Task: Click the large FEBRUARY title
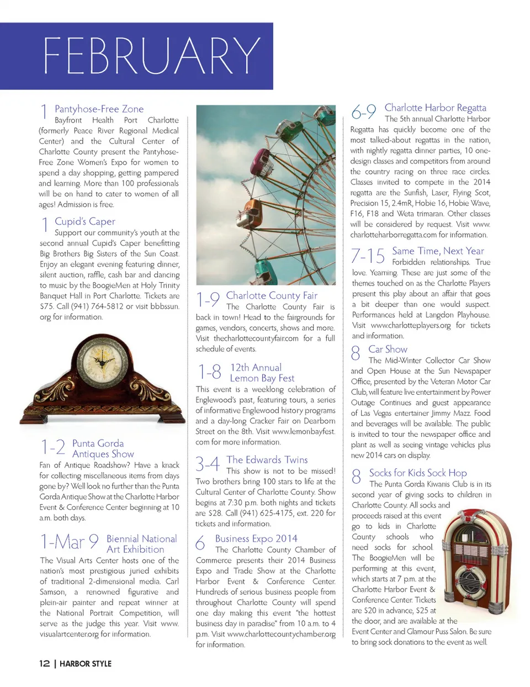(151, 56)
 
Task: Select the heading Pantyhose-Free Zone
(99, 109)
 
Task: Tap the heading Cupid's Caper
(85, 221)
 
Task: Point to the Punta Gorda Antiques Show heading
(103, 448)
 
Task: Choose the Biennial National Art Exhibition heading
(141, 544)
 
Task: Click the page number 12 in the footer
(45, 663)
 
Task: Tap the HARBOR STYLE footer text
(86, 663)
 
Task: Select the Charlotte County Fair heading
(272, 295)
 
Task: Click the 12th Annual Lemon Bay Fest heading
(262, 373)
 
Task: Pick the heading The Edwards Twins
(267, 459)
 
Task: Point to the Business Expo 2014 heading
(256, 538)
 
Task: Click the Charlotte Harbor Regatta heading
(436, 108)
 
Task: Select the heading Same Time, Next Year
(438, 251)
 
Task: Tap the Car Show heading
(388, 349)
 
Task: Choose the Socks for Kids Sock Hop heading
(418, 473)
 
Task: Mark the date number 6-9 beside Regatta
(363, 112)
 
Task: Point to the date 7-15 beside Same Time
(368, 256)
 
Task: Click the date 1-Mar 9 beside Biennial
(70, 542)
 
